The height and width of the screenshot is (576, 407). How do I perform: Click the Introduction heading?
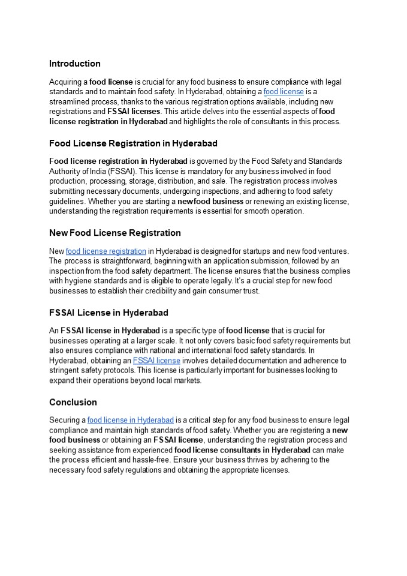[75, 64]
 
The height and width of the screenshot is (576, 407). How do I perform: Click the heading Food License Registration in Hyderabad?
[133, 143]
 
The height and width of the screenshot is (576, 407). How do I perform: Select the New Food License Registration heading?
[114, 233]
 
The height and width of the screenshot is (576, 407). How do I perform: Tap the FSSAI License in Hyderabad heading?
[108, 313]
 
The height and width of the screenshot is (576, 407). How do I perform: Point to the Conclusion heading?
[73, 402]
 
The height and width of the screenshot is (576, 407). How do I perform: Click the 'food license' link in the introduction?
[284, 92]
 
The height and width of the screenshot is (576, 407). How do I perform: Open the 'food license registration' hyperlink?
[106, 251]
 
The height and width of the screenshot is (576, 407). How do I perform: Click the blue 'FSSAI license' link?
[156, 361]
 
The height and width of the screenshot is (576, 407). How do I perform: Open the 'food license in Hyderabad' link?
[131, 420]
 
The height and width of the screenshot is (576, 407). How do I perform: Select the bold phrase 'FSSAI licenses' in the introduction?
[134, 112]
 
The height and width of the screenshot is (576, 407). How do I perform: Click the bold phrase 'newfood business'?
[210, 202]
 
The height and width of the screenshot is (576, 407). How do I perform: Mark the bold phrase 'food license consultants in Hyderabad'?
[242, 450]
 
